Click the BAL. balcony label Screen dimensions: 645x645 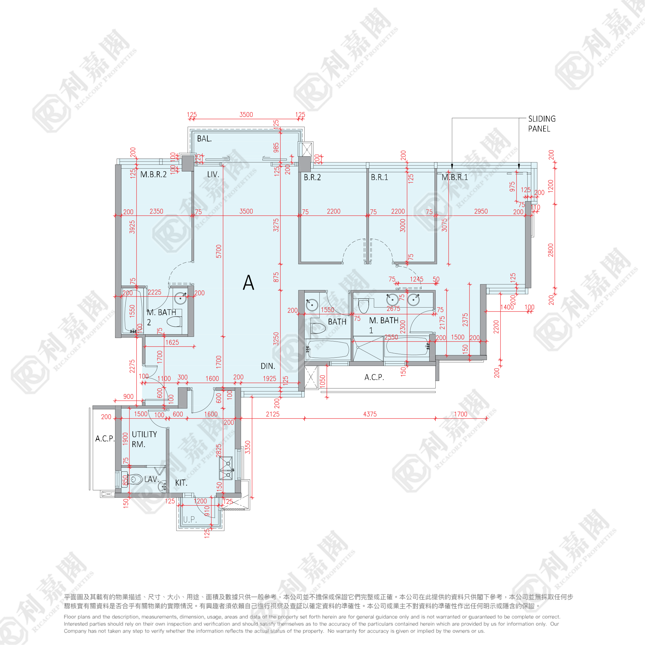pos(204,139)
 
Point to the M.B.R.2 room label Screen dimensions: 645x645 pos(153,174)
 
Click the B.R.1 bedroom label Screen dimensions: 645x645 pos(379,177)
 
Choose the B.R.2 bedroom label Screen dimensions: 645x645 pos(312,177)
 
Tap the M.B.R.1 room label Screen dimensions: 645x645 pos(455,177)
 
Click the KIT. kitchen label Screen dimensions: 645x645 pos(181,483)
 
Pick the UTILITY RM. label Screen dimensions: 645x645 pos(144,439)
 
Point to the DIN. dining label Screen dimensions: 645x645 pos(268,366)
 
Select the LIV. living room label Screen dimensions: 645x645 pos(213,174)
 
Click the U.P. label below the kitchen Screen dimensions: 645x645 pos(190,520)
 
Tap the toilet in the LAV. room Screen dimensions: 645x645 pos(135,480)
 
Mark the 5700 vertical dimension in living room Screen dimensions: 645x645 pos(219,251)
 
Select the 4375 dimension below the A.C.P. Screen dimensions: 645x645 pos(370,414)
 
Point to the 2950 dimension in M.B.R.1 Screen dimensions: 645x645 pos(481,211)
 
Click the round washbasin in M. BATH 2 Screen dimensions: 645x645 pos(181,298)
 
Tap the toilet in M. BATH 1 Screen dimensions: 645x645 pos(363,305)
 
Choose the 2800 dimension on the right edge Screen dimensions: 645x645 pos(551,250)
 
